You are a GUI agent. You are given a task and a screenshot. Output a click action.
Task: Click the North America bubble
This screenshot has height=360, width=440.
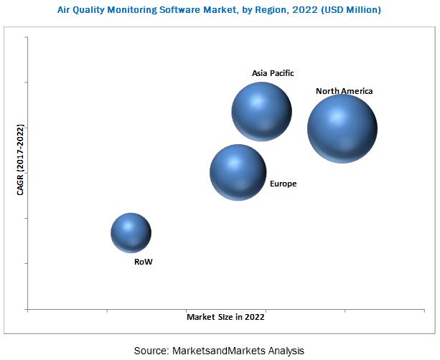342,129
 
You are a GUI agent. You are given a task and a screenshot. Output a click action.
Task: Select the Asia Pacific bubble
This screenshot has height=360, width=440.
261,111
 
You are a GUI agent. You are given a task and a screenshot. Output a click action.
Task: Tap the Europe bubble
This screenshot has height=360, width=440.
238,172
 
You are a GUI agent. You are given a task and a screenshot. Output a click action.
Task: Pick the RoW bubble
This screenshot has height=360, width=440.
131,233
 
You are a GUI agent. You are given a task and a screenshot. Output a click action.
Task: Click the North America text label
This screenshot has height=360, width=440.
345,91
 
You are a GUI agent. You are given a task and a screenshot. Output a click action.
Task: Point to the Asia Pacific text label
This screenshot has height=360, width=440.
273,73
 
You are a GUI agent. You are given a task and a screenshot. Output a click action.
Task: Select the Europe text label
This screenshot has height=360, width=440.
283,184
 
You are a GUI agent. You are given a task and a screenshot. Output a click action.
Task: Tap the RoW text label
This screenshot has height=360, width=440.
144,262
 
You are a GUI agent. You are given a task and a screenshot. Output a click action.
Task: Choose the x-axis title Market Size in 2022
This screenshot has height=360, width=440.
226,316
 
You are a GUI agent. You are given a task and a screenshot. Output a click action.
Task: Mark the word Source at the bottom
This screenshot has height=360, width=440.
151,351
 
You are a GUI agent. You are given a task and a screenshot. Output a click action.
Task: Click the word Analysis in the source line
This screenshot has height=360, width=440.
286,351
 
